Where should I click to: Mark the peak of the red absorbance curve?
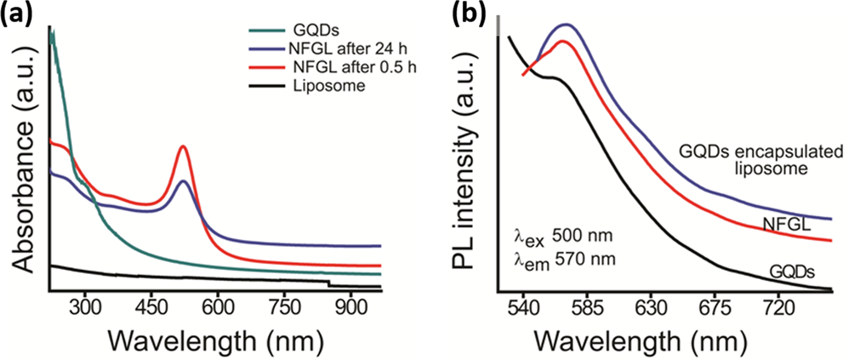point(182,146)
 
